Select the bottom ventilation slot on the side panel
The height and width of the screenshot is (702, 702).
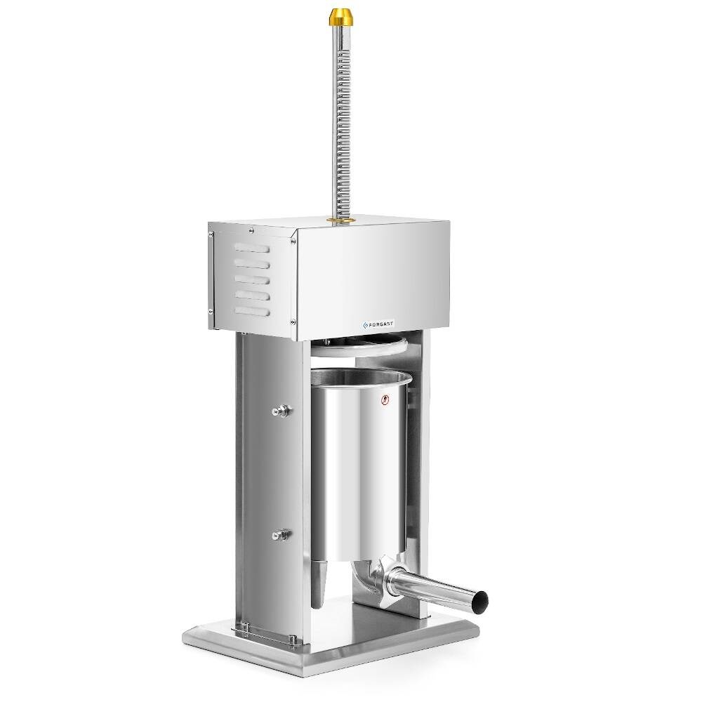[x=251, y=310]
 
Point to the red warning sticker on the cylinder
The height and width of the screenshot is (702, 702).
[x=384, y=401]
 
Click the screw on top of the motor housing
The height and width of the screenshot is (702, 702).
[x=251, y=228]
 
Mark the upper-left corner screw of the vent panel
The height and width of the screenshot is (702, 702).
[x=212, y=236]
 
